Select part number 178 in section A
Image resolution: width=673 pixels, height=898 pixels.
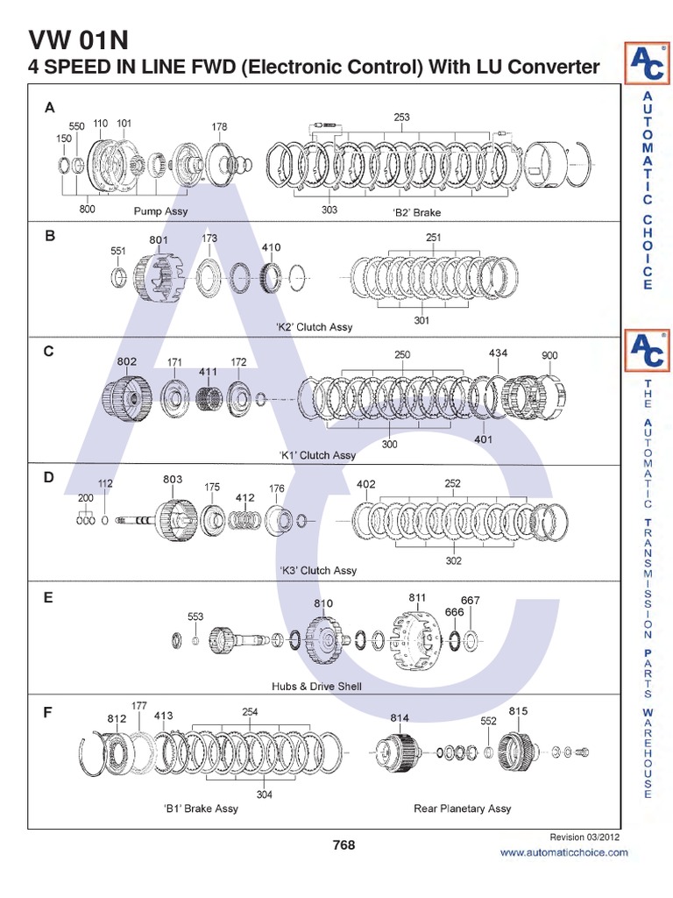[219, 126]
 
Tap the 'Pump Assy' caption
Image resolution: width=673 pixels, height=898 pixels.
[160, 212]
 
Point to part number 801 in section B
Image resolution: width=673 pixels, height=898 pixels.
[158, 239]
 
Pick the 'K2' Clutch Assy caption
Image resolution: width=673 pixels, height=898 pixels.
[314, 327]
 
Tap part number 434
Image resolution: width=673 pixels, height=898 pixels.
[498, 353]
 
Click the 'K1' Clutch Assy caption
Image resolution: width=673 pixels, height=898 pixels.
[317, 455]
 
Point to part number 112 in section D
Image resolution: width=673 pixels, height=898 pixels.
[105, 483]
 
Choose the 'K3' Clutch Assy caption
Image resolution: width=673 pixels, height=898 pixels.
[318, 570]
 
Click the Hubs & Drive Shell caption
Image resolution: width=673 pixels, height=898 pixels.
[316, 686]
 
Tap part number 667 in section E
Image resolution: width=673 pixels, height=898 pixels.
[471, 601]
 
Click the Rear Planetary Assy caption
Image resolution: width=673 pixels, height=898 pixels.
[462, 809]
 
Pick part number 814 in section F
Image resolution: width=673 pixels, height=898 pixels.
[400, 718]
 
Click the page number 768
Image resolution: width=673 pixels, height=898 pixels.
[344, 845]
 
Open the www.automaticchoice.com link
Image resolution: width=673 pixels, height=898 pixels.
[563, 852]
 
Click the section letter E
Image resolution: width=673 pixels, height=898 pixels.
[49, 597]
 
